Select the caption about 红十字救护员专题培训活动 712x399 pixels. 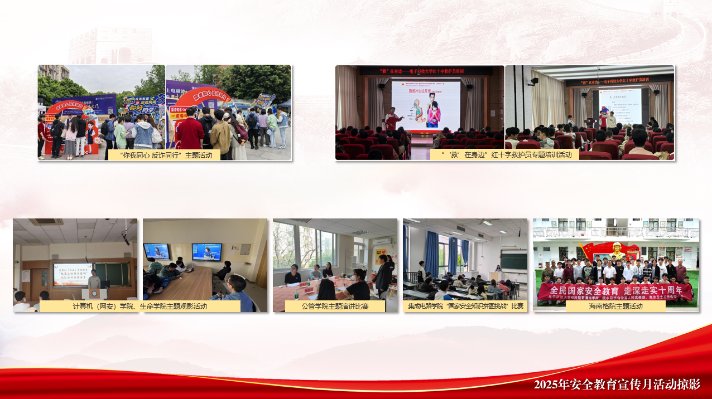pos(504,155)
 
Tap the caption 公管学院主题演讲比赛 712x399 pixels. pos(335,306)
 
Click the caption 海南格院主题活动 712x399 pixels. pos(615,306)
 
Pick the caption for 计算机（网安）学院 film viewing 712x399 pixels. pos(139,306)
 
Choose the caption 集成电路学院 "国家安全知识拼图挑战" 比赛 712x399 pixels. pos(465,306)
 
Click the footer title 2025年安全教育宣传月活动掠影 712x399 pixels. pos(617,385)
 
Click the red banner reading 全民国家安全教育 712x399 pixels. pos(615,290)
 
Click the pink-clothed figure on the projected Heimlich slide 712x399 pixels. pos(433,112)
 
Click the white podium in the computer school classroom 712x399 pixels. pos(93,294)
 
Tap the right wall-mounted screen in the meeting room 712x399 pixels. pos(206,251)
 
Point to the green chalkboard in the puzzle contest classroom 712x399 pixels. pos(513,261)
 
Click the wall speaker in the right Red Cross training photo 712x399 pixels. pos(534,81)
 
